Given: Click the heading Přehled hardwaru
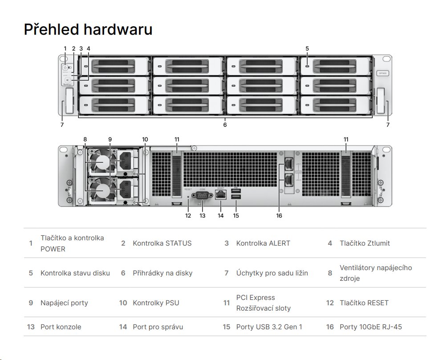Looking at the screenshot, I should click(88, 29).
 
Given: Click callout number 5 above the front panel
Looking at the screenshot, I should click(307, 49).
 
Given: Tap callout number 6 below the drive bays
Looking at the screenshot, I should click(225, 125).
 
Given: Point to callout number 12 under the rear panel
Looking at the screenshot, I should click(188, 215).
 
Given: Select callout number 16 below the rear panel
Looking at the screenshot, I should click(279, 215).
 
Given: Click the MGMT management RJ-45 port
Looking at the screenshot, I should click(220, 194).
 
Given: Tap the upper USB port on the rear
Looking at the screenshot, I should click(236, 191).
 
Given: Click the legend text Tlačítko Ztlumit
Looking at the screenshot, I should click(365, 243).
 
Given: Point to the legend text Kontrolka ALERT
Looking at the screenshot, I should click(263, 243).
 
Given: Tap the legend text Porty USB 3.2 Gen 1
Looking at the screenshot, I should click(269, 327).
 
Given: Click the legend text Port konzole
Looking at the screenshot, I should click(61, 327).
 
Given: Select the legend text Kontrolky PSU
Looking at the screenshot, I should click(156, 303).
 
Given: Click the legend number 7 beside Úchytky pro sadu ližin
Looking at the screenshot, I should click(226, 273).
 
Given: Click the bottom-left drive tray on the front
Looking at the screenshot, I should click(114, 105).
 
